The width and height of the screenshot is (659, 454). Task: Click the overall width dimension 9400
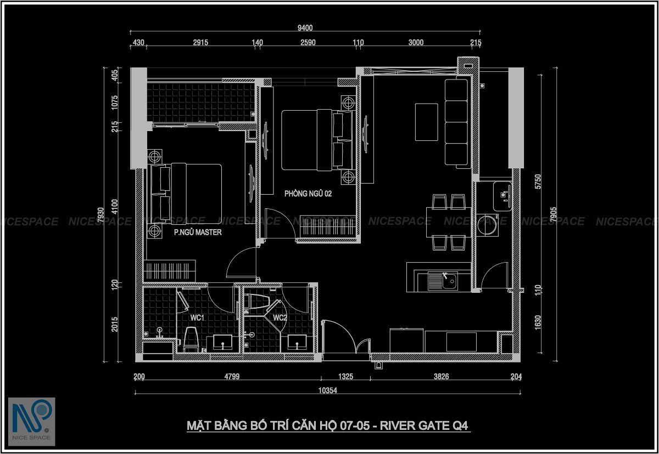point(305,28)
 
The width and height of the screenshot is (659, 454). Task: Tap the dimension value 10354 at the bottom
point(327,390)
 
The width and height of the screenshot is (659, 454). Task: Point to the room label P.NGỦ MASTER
point(198,232)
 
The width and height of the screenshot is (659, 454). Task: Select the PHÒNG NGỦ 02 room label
point(308,194)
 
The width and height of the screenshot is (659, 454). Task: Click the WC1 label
point(197,317)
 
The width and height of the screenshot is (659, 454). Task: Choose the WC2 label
point(280,317)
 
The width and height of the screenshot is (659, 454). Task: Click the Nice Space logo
point(32,422)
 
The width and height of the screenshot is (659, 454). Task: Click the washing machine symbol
point(488,225)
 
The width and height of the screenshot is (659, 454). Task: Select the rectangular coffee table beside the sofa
point(426,122)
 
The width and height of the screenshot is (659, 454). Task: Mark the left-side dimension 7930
point(100,215)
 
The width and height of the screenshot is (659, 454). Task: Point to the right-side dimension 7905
point(554,214)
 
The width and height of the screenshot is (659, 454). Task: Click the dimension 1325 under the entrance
point(345,376)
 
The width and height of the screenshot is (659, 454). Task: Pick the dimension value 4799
point(232,376)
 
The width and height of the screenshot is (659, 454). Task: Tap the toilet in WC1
point(191,339)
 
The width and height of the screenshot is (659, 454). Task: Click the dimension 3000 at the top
point(416,43)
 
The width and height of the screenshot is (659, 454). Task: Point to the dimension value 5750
point(538,181)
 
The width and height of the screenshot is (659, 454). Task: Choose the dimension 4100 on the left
point(115,207)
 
